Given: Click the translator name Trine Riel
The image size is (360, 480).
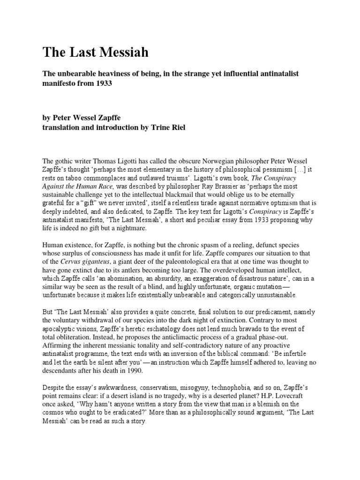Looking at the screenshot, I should (x=167, y=128).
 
